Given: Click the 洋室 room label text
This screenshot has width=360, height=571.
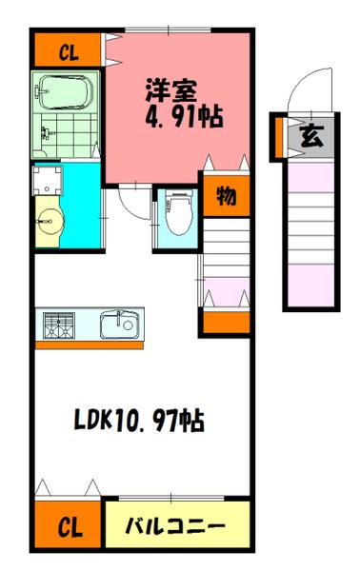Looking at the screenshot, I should coord(171,93).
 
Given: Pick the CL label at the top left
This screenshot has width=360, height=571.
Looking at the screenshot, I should coord(67,51).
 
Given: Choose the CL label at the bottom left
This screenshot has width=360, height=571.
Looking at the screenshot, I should coord(67,526).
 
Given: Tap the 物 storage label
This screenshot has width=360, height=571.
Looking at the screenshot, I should coord(226,198).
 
